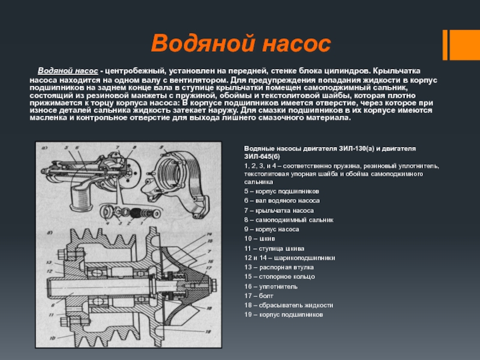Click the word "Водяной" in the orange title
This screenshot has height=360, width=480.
click(202, 44)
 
